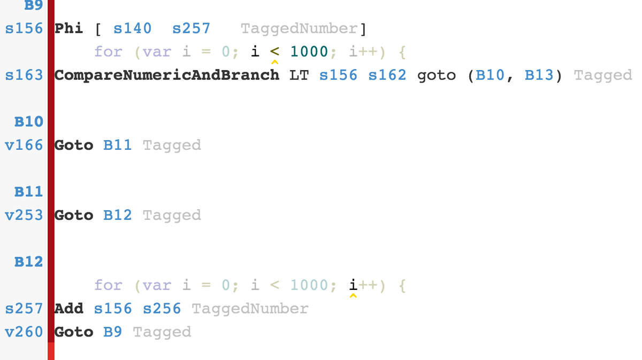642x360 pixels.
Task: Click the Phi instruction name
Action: click(69, 28)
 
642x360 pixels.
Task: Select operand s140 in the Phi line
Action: click(132, 28)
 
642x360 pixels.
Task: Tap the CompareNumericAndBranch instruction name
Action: click(167, 75)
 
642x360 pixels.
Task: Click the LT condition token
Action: click(299, 75)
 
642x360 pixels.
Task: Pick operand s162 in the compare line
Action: click(387, 75)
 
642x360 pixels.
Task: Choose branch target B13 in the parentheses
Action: click(539, 75)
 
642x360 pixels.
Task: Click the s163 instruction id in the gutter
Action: click(24, 75)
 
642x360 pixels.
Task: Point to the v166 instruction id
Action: click(24, 145)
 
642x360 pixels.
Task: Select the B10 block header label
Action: click(29, 121)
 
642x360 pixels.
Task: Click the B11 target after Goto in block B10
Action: click(117, 145)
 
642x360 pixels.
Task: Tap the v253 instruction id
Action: click(24, 215)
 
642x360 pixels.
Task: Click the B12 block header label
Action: click(29, 262)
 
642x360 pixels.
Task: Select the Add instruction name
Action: click(69, 309)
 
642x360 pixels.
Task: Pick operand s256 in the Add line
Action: click(162, 309)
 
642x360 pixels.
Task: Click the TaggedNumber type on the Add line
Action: click(250, 309)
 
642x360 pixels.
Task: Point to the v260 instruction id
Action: click(24, 332)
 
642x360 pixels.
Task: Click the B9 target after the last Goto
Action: click(112, 332)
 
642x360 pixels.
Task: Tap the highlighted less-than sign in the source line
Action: click(275, 52)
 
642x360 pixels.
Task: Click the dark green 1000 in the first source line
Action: click(309, 52)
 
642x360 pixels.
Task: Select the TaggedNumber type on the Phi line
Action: click(299, 28)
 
